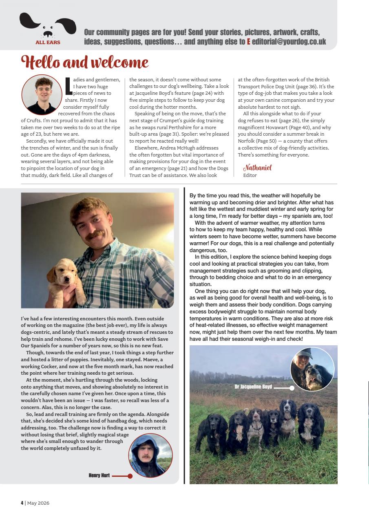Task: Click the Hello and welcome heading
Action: (x=85, y=63)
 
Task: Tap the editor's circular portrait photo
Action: (x=42, y=95)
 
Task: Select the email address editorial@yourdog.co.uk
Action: (x=289, y=41)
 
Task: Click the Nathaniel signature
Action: (x=257, y=168)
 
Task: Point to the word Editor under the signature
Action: (x=250, y=175)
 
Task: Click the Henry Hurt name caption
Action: (x=99, y=475)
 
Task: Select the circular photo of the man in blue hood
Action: (x=150, y=455)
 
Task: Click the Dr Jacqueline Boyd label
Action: (x=253, y=387)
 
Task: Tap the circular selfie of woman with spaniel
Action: (x=312, y=369)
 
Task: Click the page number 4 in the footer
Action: (x=22, y=503)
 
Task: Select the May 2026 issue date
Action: (x=38, y=503)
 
